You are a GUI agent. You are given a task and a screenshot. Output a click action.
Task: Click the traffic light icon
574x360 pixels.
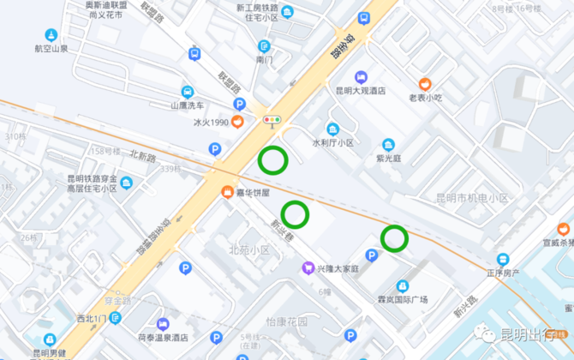click(x=272, y=120)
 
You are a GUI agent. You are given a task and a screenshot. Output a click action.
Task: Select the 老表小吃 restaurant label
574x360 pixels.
click(x=425, y=98)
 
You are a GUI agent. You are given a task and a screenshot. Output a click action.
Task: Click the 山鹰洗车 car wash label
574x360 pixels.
click(x=187, y=105)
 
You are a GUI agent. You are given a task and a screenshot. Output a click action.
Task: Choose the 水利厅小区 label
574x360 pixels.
click(x=332, y=142)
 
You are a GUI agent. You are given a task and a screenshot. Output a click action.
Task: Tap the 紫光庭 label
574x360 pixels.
click(x=388, y=158)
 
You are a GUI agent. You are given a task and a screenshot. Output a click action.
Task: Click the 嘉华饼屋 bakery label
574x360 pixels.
click(x=253, y=192)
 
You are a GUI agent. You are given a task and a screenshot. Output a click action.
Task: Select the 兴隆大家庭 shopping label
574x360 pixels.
click(x=337, y=268)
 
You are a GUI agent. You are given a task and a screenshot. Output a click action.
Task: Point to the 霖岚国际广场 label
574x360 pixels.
click(x=403, y=301)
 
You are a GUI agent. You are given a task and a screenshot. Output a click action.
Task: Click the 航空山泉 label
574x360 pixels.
click(x=51, y=49)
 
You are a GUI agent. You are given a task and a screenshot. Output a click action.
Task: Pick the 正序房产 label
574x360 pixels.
click(x=505, y=273)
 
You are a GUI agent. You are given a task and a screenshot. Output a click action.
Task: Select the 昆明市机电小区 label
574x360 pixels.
click(x=470, y=199)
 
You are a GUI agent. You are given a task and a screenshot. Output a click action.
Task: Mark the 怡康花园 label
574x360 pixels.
click(x=286, y=321)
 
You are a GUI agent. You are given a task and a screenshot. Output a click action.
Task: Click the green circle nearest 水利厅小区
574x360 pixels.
click(x=272, y=159)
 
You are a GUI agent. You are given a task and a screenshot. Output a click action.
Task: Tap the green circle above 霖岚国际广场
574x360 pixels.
click(x=394, y=237)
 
